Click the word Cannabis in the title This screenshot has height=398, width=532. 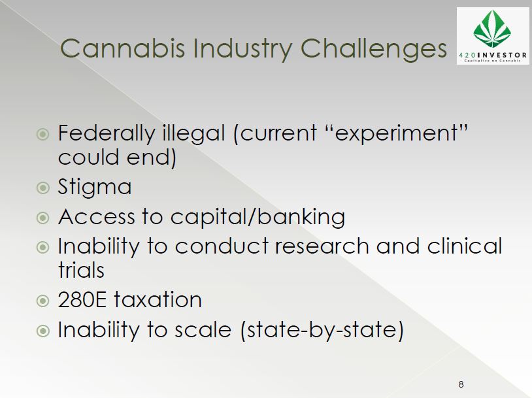tap(122, 48)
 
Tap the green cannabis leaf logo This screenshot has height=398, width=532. tap(492, 29)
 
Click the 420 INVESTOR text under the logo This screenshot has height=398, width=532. tap(493, 55)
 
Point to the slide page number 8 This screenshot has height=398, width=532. tap(461, 384)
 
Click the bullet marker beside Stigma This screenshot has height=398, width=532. tap(42, 188)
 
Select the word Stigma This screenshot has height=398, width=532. tap(95, 188)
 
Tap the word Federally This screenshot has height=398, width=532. tap(107, 133)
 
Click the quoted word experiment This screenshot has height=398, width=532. tap(396, 133)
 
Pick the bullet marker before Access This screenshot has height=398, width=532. tap(42, 217)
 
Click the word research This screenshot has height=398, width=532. tap(322, 246)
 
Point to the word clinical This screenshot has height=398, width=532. tap(465, 246)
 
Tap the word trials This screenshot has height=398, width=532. tap(81, 270)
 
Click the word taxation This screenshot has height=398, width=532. tap(158, 300)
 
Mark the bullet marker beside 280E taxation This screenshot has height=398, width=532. tap(42, 300)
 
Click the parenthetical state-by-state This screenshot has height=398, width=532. tap(322, 330)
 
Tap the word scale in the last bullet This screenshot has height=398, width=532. tap(203, 330)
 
